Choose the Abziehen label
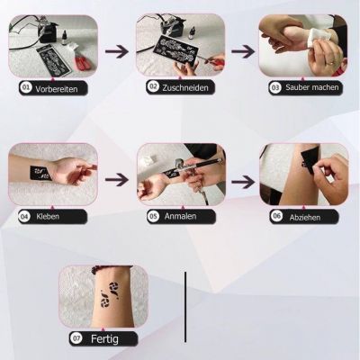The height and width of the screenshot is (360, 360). click(x=304, y=217)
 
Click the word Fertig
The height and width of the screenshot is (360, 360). click(x=103, y=338)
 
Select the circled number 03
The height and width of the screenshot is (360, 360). click(x=274, y=88)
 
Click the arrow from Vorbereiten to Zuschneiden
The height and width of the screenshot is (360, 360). click(x=117, y=50)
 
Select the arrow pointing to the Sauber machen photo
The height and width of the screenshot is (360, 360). click(x=242, y=50)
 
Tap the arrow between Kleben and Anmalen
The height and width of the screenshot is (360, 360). click(x=117, y=179)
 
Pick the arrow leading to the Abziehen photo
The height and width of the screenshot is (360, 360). click(x=242, y=179)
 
